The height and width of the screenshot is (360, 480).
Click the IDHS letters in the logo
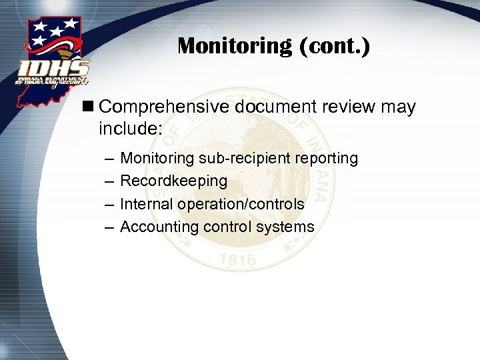click(x=54, y=69)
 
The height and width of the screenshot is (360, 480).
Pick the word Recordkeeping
click(x=173, y=181)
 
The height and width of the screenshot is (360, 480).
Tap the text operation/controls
click(x=241, y=204)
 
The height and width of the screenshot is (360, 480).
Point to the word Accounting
click(x=159, y=227)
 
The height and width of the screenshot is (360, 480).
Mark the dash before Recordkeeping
click(x=108, y=181)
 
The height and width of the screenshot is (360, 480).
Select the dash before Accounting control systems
click(x=108, y=227)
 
